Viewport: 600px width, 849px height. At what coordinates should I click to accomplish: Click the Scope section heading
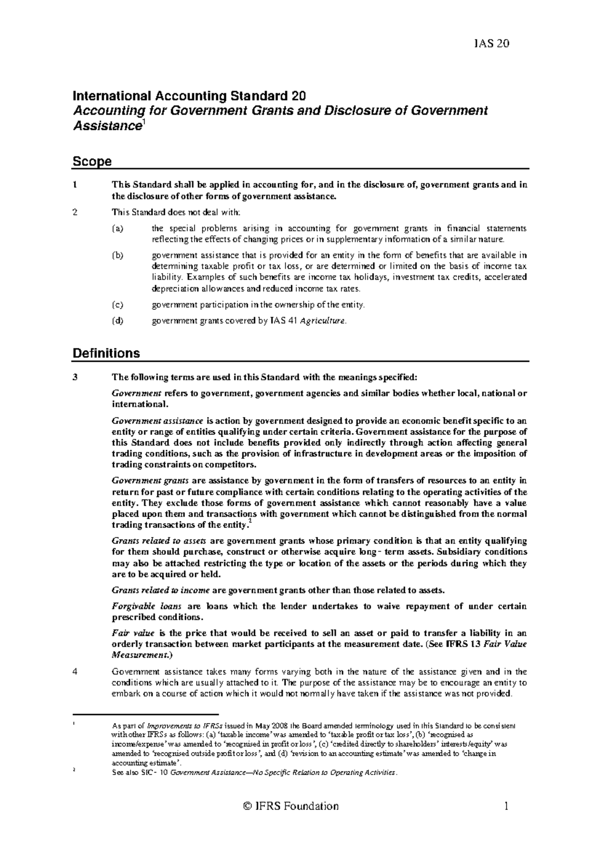pos(92,161)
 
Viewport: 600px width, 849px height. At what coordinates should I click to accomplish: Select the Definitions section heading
pos(106,353)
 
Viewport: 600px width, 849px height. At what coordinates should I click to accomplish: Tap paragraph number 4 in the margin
pos(75,672)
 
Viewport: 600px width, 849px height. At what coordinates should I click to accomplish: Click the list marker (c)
pos(117,304)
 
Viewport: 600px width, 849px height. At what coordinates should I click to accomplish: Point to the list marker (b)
pos(117,255)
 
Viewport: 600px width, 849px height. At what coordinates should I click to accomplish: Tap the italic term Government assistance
pos(157,421)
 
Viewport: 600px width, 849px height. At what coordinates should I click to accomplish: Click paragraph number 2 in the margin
pos(75,212)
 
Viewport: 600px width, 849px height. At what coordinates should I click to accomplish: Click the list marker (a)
pos(117,229)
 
